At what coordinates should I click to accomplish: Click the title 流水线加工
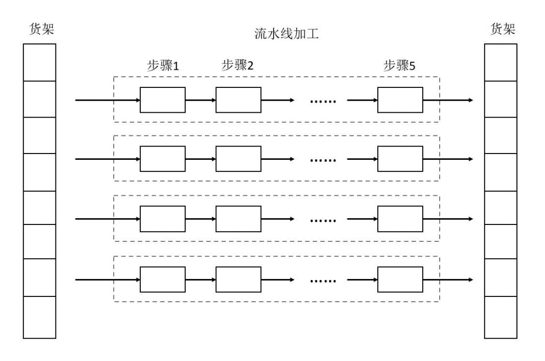point(286,34)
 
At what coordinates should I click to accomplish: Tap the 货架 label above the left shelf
point(40,29)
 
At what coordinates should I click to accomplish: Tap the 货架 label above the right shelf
point(501,29)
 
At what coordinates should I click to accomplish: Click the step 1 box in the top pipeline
point(162,100)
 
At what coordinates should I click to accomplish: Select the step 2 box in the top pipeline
point(238,100)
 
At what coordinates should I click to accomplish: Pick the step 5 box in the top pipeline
point(400,100)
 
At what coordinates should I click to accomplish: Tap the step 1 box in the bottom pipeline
point(162,279)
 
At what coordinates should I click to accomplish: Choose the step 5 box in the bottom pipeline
point(400,279)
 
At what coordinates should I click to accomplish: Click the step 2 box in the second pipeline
point(238,159)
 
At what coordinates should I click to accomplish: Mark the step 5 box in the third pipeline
point(400,219)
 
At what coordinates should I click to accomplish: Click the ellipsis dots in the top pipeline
point(323,101)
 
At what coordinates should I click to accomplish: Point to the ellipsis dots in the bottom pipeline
point(323,281)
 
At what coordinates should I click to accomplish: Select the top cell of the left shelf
point(40,62)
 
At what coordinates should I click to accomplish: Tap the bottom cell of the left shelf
point(40,317)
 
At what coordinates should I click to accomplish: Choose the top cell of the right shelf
point(501,62)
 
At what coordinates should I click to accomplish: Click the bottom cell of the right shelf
point(501,317)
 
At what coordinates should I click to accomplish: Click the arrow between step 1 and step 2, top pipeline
point(201,100)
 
